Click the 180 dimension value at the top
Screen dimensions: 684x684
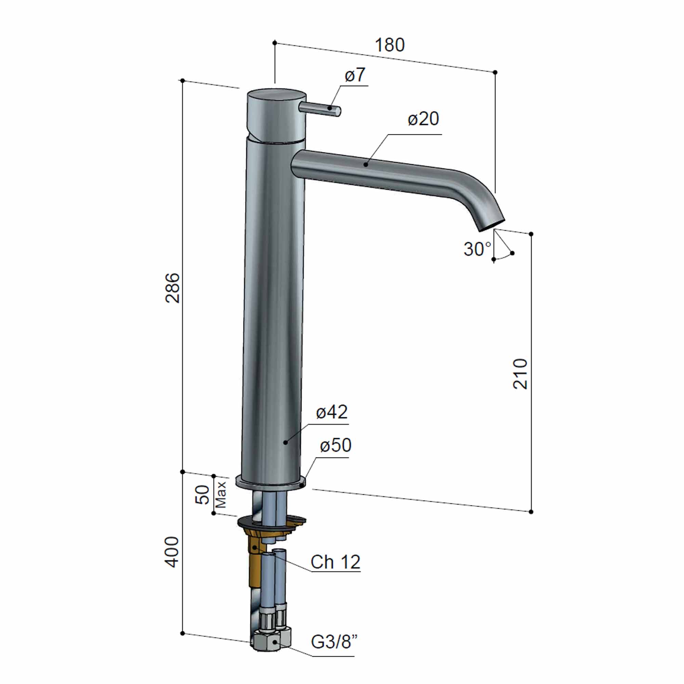[390, 45]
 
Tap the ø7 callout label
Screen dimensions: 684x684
[355, 75]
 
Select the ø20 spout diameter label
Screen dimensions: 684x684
[423, 119]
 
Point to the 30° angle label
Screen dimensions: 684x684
[477, 250]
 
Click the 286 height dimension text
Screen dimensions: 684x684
[173, 288]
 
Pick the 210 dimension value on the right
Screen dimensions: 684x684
[520, 374]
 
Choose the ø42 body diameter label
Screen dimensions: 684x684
[332, 412]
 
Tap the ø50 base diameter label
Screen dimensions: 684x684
[335, 446]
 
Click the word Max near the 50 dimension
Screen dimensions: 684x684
[221, 495]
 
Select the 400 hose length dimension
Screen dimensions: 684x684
[173, 552]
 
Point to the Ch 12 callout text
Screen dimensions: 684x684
[335, 562]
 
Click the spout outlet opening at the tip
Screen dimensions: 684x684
[492, 225]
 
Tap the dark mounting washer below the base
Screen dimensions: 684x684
[271, 523]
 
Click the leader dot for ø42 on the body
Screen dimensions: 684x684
[285, 443]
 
